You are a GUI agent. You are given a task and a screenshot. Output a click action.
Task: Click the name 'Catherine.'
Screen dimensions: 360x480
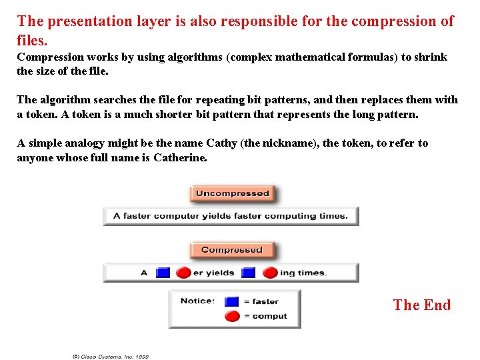click(x=180, y=158)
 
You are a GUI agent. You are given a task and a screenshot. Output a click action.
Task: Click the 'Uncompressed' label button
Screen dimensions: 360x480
click(x=232, y=194)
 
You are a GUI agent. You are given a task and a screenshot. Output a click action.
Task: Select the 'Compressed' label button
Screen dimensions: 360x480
click(x=232, y=250)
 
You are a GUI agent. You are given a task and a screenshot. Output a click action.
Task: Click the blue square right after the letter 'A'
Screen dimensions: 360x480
click(x=163, y=273)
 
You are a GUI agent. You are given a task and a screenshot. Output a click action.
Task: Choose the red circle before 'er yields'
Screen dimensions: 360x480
click(x=183, y=273)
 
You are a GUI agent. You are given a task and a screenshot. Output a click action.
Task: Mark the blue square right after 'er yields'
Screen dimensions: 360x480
click(x=249, y=273)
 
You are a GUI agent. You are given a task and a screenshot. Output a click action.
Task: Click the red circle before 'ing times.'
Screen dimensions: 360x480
click(x=270, y=273)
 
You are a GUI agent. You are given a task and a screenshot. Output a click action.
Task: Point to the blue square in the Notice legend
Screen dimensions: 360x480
click(x=231, y=301)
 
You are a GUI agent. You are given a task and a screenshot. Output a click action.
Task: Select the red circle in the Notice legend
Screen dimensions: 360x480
click(x=231, y=317)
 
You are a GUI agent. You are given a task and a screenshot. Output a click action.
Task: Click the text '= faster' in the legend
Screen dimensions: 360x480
click(x=261, y=301)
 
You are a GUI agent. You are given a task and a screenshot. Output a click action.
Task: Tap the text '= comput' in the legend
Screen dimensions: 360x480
click(x=265, y=317)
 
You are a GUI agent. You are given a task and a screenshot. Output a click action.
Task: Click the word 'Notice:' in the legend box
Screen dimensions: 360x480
click(x=197, y=301)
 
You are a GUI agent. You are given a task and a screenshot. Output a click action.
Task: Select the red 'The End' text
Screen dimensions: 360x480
click(x=422, y=305)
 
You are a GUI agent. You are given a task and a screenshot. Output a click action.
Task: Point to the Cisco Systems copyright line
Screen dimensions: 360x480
click(x=111, y=357)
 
